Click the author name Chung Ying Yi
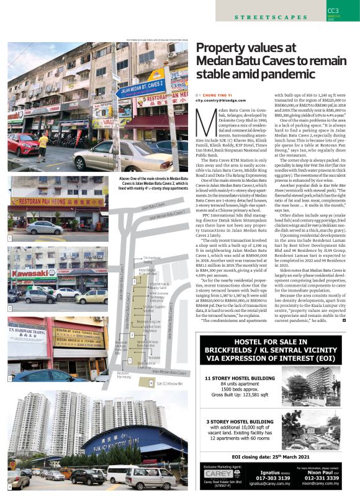215,94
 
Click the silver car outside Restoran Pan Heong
44,227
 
